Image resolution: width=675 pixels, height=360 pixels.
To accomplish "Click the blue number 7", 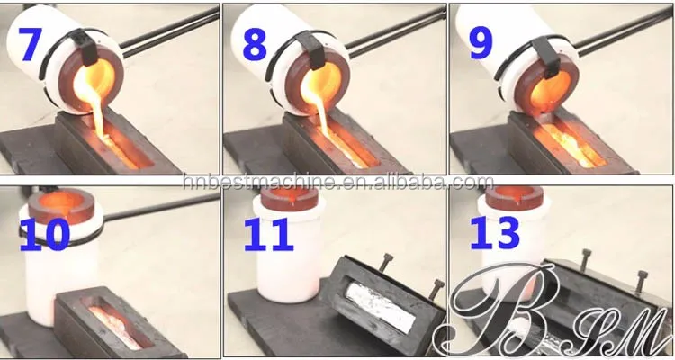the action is click(x=30, y=44).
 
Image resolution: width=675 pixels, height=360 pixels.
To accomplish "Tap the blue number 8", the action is click(x=255, y=45).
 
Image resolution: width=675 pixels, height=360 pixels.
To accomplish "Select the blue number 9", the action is click(x=481, y=44).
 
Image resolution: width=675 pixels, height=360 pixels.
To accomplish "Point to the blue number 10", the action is click(x=45, y=234).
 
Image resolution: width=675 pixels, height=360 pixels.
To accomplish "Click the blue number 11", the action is click(x=268, y=235).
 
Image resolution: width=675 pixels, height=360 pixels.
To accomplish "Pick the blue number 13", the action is click(x=495, y=233).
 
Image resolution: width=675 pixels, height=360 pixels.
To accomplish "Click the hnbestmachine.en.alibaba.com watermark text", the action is click(x=338, y=182).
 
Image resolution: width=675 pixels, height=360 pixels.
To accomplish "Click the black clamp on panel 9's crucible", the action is click(x=548, y=56).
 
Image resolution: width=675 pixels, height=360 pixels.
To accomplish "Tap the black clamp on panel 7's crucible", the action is click(x=87, y=47).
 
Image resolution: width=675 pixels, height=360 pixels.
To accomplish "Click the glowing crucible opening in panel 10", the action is click(x=62, y=202).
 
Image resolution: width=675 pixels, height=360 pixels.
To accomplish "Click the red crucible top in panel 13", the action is click(x=514, y=197).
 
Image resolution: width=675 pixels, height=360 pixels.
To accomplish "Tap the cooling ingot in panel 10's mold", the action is click(x=116, y=326).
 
